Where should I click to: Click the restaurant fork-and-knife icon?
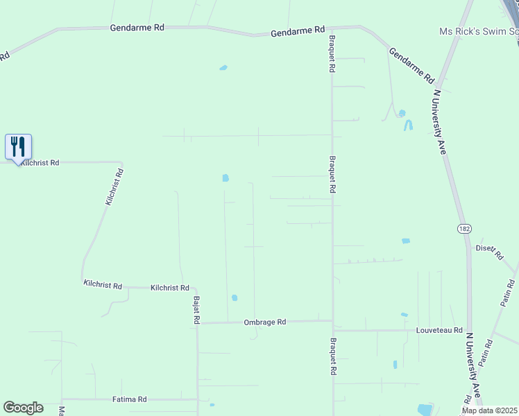[19, 146]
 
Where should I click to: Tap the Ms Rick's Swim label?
[479, 32]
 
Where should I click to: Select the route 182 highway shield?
[464, 228]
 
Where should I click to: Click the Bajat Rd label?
[196, 309]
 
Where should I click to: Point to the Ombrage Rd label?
[264, 322]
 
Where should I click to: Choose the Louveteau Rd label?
[439, 331]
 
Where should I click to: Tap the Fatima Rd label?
[130, 399]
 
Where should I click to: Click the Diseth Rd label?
[489, 251]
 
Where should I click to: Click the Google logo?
[23, 408]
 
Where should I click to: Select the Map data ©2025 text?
[488, 410]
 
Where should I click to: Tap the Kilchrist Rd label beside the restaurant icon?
[40, 162]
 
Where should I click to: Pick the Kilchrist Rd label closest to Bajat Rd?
[170, 287]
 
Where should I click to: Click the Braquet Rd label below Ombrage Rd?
[333, 356]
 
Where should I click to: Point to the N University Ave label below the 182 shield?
[475, 368]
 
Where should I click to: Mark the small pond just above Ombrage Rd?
[235, 298]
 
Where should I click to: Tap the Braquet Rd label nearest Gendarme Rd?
[332, 55]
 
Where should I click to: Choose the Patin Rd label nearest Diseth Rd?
[509, 293]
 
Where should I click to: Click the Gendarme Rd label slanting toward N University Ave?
[411, 65]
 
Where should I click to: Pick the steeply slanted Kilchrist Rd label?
[114, 187]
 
